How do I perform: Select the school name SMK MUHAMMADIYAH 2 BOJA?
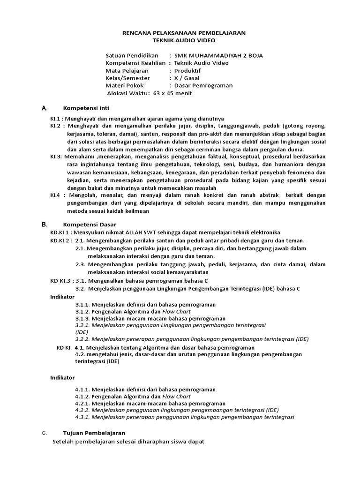pyautogui.click(x=218, y=55)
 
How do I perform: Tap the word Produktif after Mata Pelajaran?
pyautogui.click(x=187, y=70)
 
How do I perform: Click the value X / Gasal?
pyautogui.click(x=187, y=78)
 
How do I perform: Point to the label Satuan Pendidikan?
pyautogui.click(x=133, y=55)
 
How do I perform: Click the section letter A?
pyautogui.click(x=45, y=108)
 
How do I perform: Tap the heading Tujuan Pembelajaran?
pyautogui.click(x=94, y=433)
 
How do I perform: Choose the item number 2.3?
pyautogui.click(x=80, y=264)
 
